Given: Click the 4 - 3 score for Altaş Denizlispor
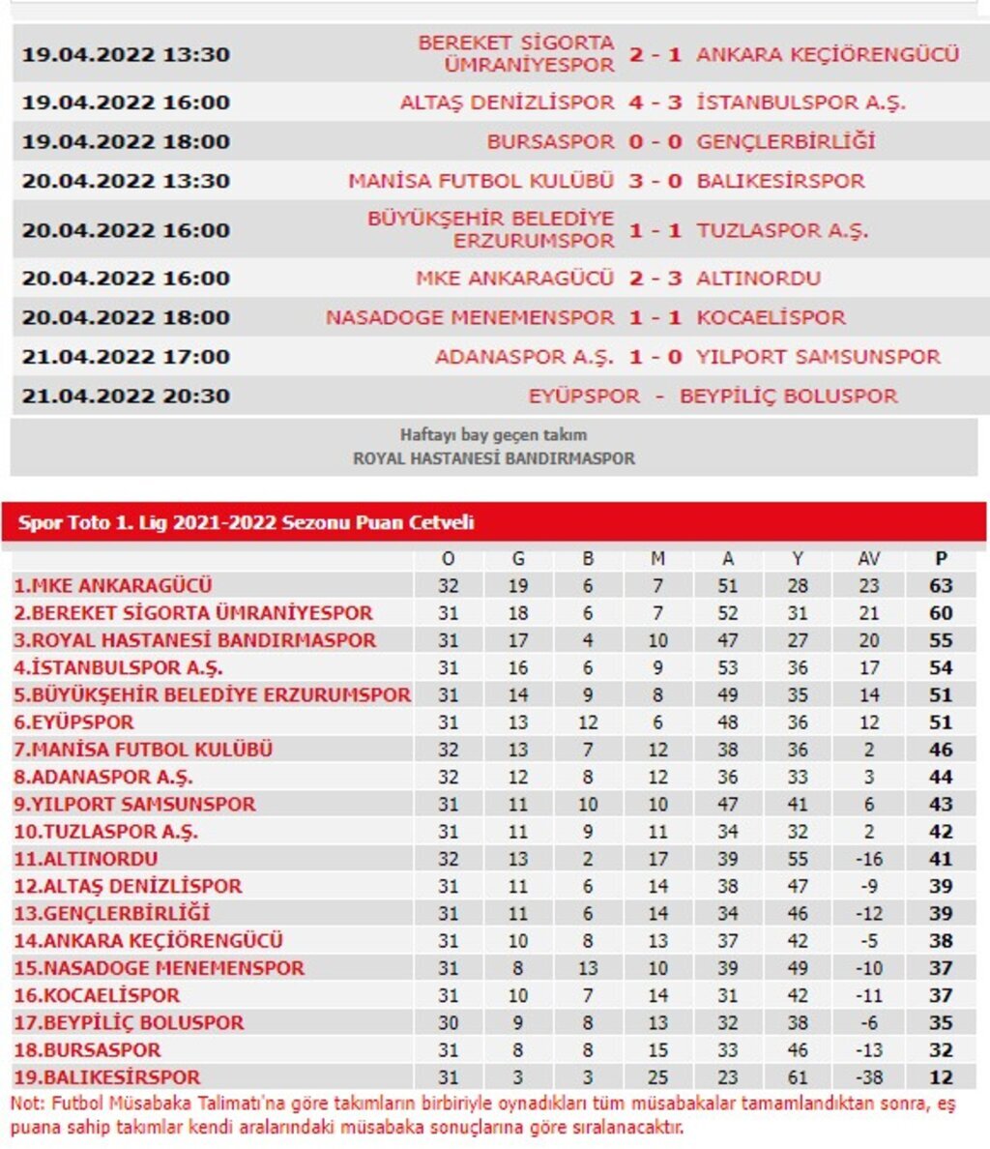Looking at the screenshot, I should click(655, 103).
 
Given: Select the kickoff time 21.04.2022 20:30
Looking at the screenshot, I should click(126, 396).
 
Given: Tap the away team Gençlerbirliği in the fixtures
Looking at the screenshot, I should click(785, 141).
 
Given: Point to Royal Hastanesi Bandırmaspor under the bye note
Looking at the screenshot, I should click(494, 458).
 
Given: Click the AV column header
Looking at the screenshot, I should click(868, 558).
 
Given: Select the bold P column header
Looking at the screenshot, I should click(941, 558).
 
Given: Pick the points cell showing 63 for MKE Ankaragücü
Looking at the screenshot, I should click(941, 585).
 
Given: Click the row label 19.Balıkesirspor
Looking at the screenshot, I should click(106, 1076).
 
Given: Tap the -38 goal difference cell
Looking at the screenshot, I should click(868, 1076).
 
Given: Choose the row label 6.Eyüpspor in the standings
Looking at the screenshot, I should click(73, 722).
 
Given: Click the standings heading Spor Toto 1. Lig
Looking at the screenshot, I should click(246, 523).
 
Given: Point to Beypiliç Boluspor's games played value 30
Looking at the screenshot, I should click(448, 1022).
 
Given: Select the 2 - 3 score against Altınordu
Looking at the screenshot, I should click(655, 279).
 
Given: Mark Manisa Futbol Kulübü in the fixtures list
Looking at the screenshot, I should click(480, 181).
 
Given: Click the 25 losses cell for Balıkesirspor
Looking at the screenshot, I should click(657, 1076).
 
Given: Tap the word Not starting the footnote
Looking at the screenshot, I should click(26, 1104).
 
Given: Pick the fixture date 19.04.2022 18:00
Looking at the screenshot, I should click(126, 141).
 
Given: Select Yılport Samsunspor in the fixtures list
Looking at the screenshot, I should click(818, 357).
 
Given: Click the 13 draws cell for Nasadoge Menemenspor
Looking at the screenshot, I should click(588, 968).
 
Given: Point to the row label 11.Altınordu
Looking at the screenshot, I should click(85, 858).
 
